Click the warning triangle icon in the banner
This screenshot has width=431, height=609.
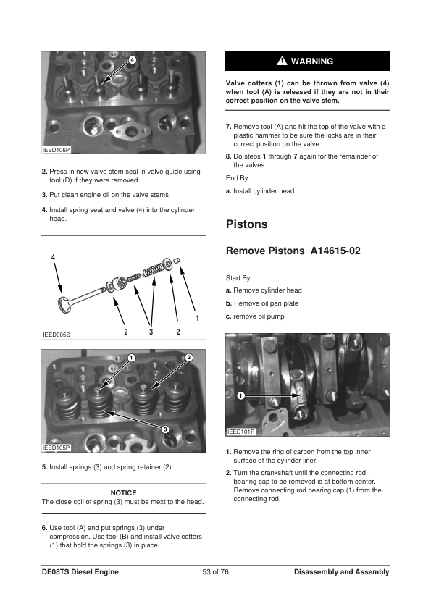[282, 61]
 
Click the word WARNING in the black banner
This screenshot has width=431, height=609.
[312, 62]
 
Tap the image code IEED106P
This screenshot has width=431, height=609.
[56, 150]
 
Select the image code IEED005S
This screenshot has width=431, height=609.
[57, 335]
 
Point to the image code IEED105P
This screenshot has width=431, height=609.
[56, 448]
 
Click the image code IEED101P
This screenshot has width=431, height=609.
[240, 432]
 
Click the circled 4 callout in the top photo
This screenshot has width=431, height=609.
[132, 60]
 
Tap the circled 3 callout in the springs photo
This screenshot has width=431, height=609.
[165, 429]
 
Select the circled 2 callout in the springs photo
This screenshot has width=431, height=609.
[189, 358]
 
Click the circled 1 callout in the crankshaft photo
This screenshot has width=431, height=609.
[241, 396]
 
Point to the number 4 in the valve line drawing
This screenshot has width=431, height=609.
[54, 257]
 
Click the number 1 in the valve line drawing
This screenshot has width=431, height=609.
[198, 318]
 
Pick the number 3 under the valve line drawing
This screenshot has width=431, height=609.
[151, 332]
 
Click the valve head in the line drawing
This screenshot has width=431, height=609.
[63, 304]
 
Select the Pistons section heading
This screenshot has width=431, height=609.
[247, 224]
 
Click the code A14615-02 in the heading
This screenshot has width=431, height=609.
[335, 251]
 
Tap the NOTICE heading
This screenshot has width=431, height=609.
[124, 493]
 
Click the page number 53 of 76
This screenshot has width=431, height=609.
[216, 572]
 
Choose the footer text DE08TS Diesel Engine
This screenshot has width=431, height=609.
[80, 572]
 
